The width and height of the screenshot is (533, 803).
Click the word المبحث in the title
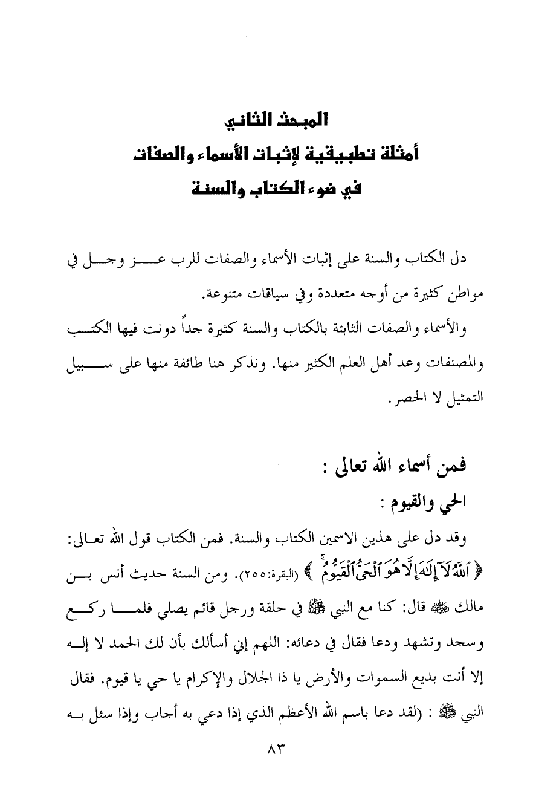pyautogui.click(x=302, y=120)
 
